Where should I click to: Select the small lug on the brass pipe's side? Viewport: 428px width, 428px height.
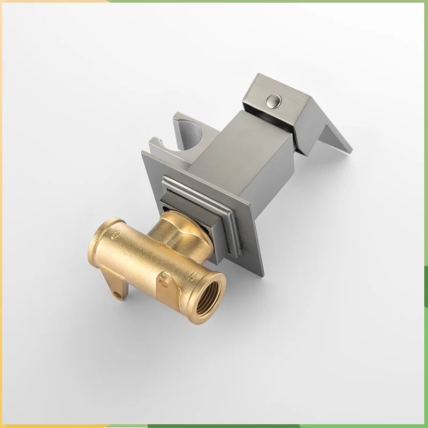(163, 279)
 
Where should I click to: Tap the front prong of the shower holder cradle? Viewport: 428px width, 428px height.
(155, 144)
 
